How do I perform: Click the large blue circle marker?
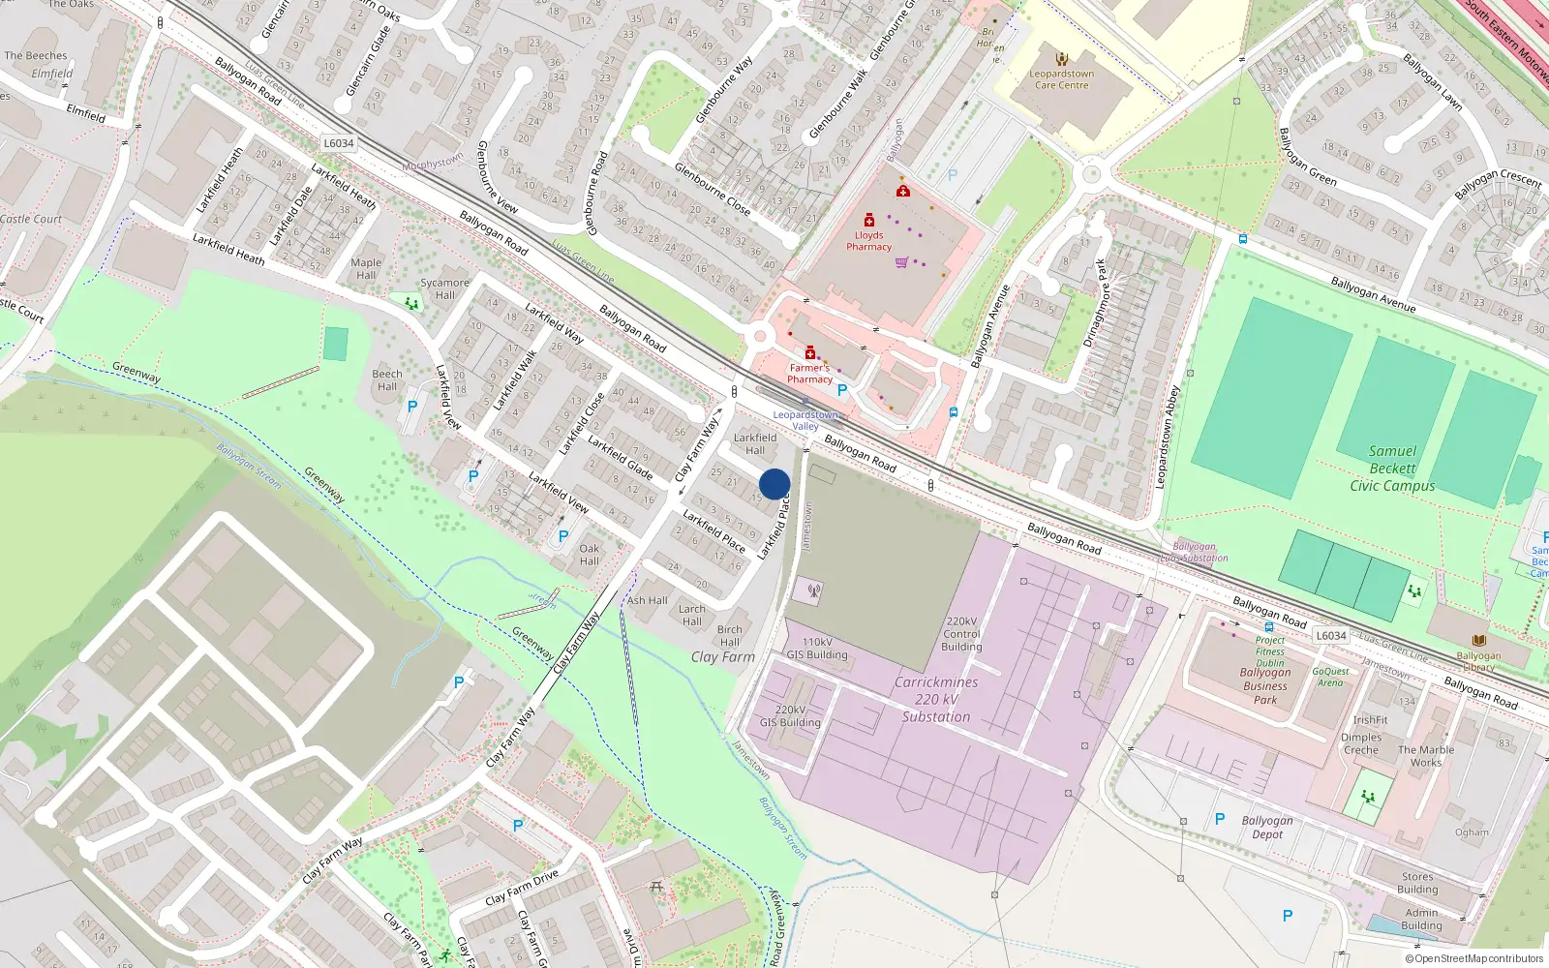[x=774, y=484]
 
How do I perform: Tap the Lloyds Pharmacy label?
[x=868, y=241]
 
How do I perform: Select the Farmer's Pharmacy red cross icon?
[x=810, y=352]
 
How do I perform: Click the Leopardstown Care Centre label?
[x=1061, y=79]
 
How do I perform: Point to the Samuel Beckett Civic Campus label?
[x=1392, y=469]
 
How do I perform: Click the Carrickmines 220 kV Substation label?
[x=935, y=699]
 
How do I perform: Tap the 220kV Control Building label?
[x=961, y=634]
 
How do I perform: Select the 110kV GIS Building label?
[x=817, y=649]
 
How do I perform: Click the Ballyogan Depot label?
[x=1267, y=828]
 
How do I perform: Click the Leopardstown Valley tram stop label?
[x=805, y=420]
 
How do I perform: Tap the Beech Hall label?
[x=387, y=380]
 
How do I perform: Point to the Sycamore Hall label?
[x=444, y=288]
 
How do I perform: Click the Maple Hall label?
[x=366, y=268]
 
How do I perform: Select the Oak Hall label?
[x=590, y=555]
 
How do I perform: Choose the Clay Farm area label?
[x=722, y=656]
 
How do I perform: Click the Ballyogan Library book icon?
[x=1478, y=640]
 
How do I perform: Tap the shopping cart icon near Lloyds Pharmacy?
[x=901, y=262]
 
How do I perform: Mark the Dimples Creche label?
[x=1361, y=743]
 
